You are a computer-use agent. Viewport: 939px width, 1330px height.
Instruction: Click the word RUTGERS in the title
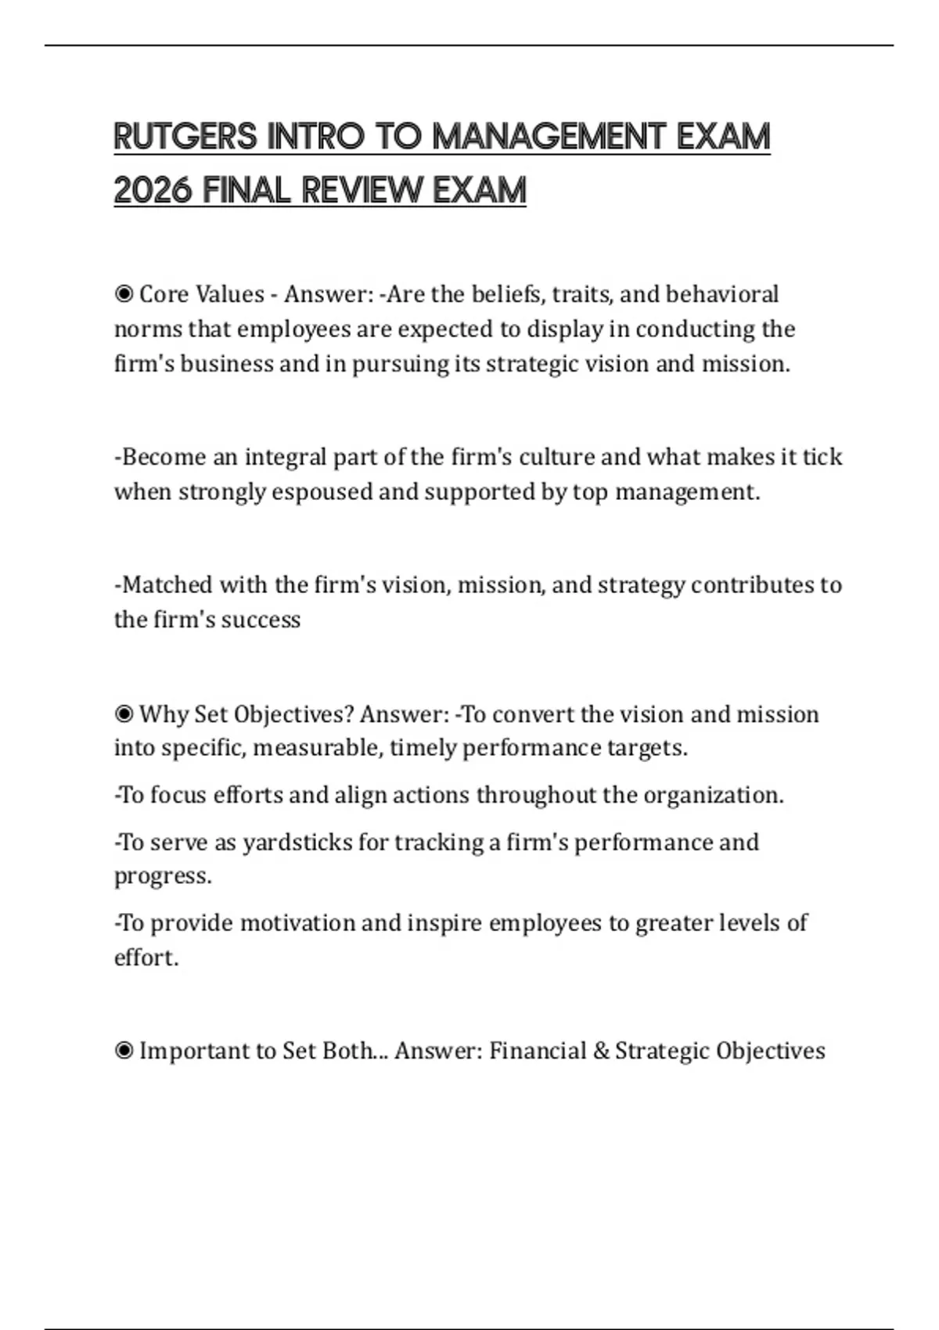(185, 137)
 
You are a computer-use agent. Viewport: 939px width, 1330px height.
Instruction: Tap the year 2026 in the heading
(153, 190)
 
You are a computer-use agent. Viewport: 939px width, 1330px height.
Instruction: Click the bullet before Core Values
(124, 294)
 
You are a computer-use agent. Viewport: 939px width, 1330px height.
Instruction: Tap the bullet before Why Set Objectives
(124, 714)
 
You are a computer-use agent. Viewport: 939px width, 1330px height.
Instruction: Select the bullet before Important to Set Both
(124, 1051)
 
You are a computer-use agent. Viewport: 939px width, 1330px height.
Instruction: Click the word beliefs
(508, 294)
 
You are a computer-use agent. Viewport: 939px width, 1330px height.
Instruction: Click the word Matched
(165, 585)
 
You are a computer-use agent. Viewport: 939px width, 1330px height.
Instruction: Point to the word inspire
(444, 923)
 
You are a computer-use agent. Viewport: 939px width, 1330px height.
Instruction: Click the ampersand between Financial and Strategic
(601, 1051)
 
